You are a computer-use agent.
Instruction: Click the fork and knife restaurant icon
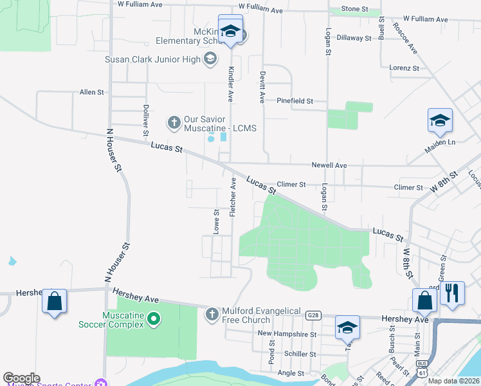[x=453, y=293]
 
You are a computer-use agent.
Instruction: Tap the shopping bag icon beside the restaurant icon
[x=424, y=299]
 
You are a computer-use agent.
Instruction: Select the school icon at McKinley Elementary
[x=230, y=30]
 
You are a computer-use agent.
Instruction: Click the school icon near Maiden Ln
[x=440, y=120]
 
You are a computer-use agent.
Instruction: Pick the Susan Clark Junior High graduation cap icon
[x=210, y=60]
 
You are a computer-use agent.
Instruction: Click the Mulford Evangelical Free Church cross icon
[x=212, y=314]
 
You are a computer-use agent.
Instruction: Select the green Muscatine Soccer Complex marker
[x=153, y=318]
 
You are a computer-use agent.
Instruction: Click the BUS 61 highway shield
[x=422, y=368]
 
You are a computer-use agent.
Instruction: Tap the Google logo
[x=21, y=378]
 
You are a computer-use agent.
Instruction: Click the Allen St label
[x=91, y=93]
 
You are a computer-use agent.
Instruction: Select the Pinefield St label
[x=295, y=101]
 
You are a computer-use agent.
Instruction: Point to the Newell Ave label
[x=329, y=165]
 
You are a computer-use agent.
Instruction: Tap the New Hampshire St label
[x=287, y=334]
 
